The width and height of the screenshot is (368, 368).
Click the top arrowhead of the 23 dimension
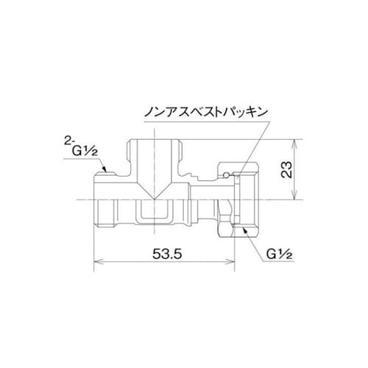coord(294,141)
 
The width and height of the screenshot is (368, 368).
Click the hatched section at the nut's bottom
coord(244,229)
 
